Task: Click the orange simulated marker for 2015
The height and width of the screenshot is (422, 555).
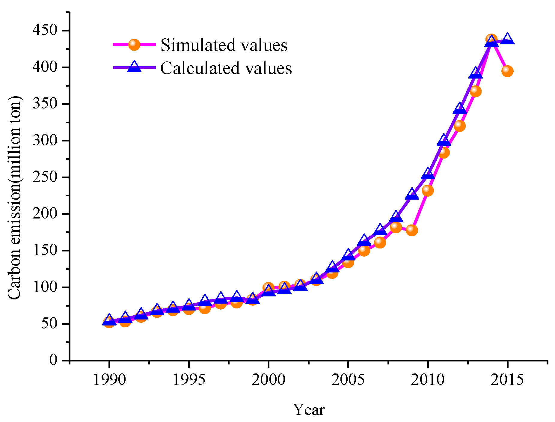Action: point(507,71)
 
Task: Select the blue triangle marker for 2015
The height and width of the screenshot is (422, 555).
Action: point(507,39)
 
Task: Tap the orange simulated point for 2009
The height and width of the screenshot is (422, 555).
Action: point(412,230)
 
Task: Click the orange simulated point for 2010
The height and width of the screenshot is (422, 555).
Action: point(428,190)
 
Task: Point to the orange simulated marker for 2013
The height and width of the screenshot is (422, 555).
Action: point(475,91)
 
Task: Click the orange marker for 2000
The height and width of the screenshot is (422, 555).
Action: point(268,288)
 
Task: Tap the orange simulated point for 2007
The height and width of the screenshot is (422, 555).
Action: point(380,242)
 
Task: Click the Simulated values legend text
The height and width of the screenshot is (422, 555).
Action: point(224,46)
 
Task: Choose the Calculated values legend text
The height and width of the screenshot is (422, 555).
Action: point(226,69)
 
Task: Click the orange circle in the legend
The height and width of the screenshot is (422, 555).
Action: point(134,45)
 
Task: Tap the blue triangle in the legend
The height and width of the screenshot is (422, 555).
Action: point(134,67)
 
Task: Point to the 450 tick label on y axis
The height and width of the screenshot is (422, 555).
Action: point(45,31)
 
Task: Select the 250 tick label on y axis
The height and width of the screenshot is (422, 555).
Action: point(45,177)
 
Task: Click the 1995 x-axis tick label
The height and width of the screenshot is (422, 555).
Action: point(189,380)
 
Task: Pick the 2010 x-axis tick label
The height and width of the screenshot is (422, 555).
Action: point(428,380)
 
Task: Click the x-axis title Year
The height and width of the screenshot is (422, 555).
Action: point(309,410)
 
